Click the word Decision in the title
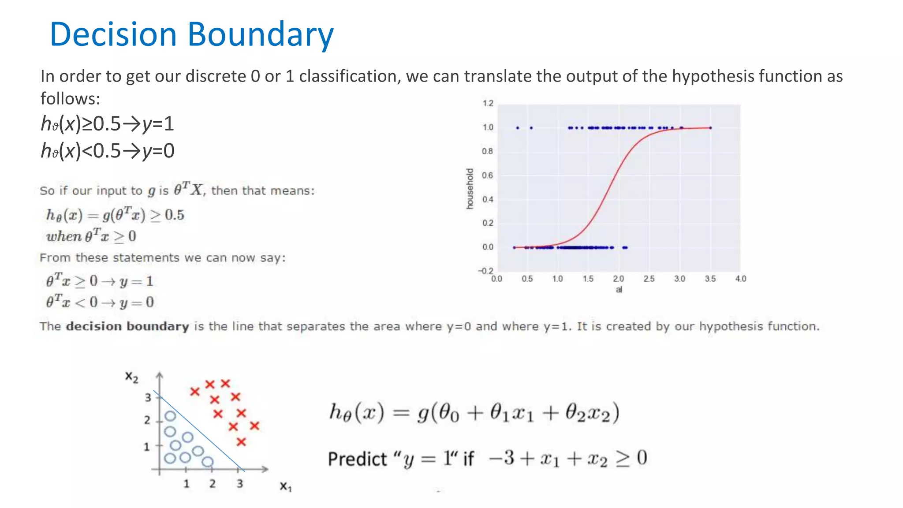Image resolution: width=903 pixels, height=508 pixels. pyautogui.click(x=113, y=34)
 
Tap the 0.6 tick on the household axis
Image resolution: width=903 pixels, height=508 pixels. pyautogui.click(x=487, y=176)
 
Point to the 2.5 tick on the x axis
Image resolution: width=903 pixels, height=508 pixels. pyautogui.click(x=649, y=279)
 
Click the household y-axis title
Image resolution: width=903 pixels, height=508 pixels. pyautogui.click(x=470, y=188)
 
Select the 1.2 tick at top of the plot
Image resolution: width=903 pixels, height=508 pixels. pyautogui.click(x=488, y=104)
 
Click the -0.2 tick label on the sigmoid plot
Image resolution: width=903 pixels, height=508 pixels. pyautogui.click(x=486, y=271)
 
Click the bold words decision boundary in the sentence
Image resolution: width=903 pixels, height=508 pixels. pyautogui.click(x=127, y=326)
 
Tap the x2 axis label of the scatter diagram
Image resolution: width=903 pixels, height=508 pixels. pyautogui.click(x=131, y=377)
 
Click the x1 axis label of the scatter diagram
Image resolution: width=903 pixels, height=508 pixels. pyautogui.click(x=286, y=486)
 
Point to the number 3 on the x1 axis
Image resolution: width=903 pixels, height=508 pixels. pyautogui.click(x=239, y=484)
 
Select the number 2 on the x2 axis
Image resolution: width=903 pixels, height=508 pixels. pyautogui.click(x=147, y=420)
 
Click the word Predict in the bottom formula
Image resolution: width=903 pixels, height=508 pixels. pyautogui.click(x=357, y=459)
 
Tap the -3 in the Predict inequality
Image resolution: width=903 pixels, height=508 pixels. pyautogui.click(x=502, y=458)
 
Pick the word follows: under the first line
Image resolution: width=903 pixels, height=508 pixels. pyautogui.click(x=70, y=99)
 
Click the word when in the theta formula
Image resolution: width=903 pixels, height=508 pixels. pyautogui.click(x=64, y=236)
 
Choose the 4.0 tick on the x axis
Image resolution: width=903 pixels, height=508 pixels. pyautogui.click(x=740, y=279)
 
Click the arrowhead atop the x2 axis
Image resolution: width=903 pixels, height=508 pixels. pyautogui.click(x=160, y=375)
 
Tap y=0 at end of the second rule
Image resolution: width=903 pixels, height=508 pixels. pyautogui.click(x=158, y=151)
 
